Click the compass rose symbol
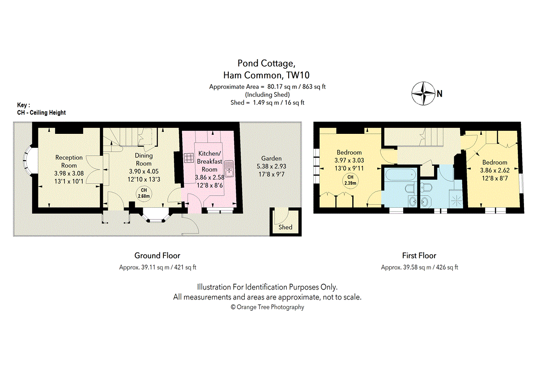point(423,94)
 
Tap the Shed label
point(286,227)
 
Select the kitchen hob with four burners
point(189,158)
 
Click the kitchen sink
point(229,168)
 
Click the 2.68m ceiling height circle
point(144,194)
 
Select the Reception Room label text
point(69,162)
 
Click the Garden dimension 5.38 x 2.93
point(271,166)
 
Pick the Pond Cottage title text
point(266,63)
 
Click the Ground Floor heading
point(157,256)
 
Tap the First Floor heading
point(419,256)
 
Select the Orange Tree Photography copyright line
point(267,307)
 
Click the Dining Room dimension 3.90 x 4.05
point(144,171)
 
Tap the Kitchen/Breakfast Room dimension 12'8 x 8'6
point(209,185)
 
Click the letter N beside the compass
point(439,94)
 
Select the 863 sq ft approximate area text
point(314,86)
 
